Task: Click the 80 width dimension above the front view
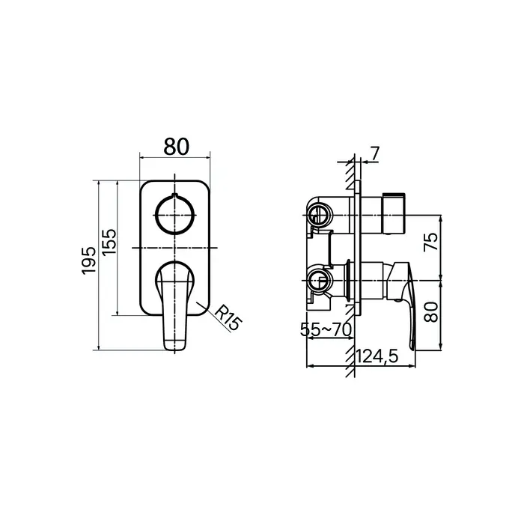click(x=176, y=147)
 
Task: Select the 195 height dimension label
click(x=89, y=261)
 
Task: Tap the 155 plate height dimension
click(x=109, y=243)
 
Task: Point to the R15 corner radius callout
click(x=228, y=318)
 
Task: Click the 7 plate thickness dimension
click(x=375, y=153)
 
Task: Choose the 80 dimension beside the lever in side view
click(x=430, y=312)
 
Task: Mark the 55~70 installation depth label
click(x=326, y=329)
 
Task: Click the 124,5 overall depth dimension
click(x=377, y=356)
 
